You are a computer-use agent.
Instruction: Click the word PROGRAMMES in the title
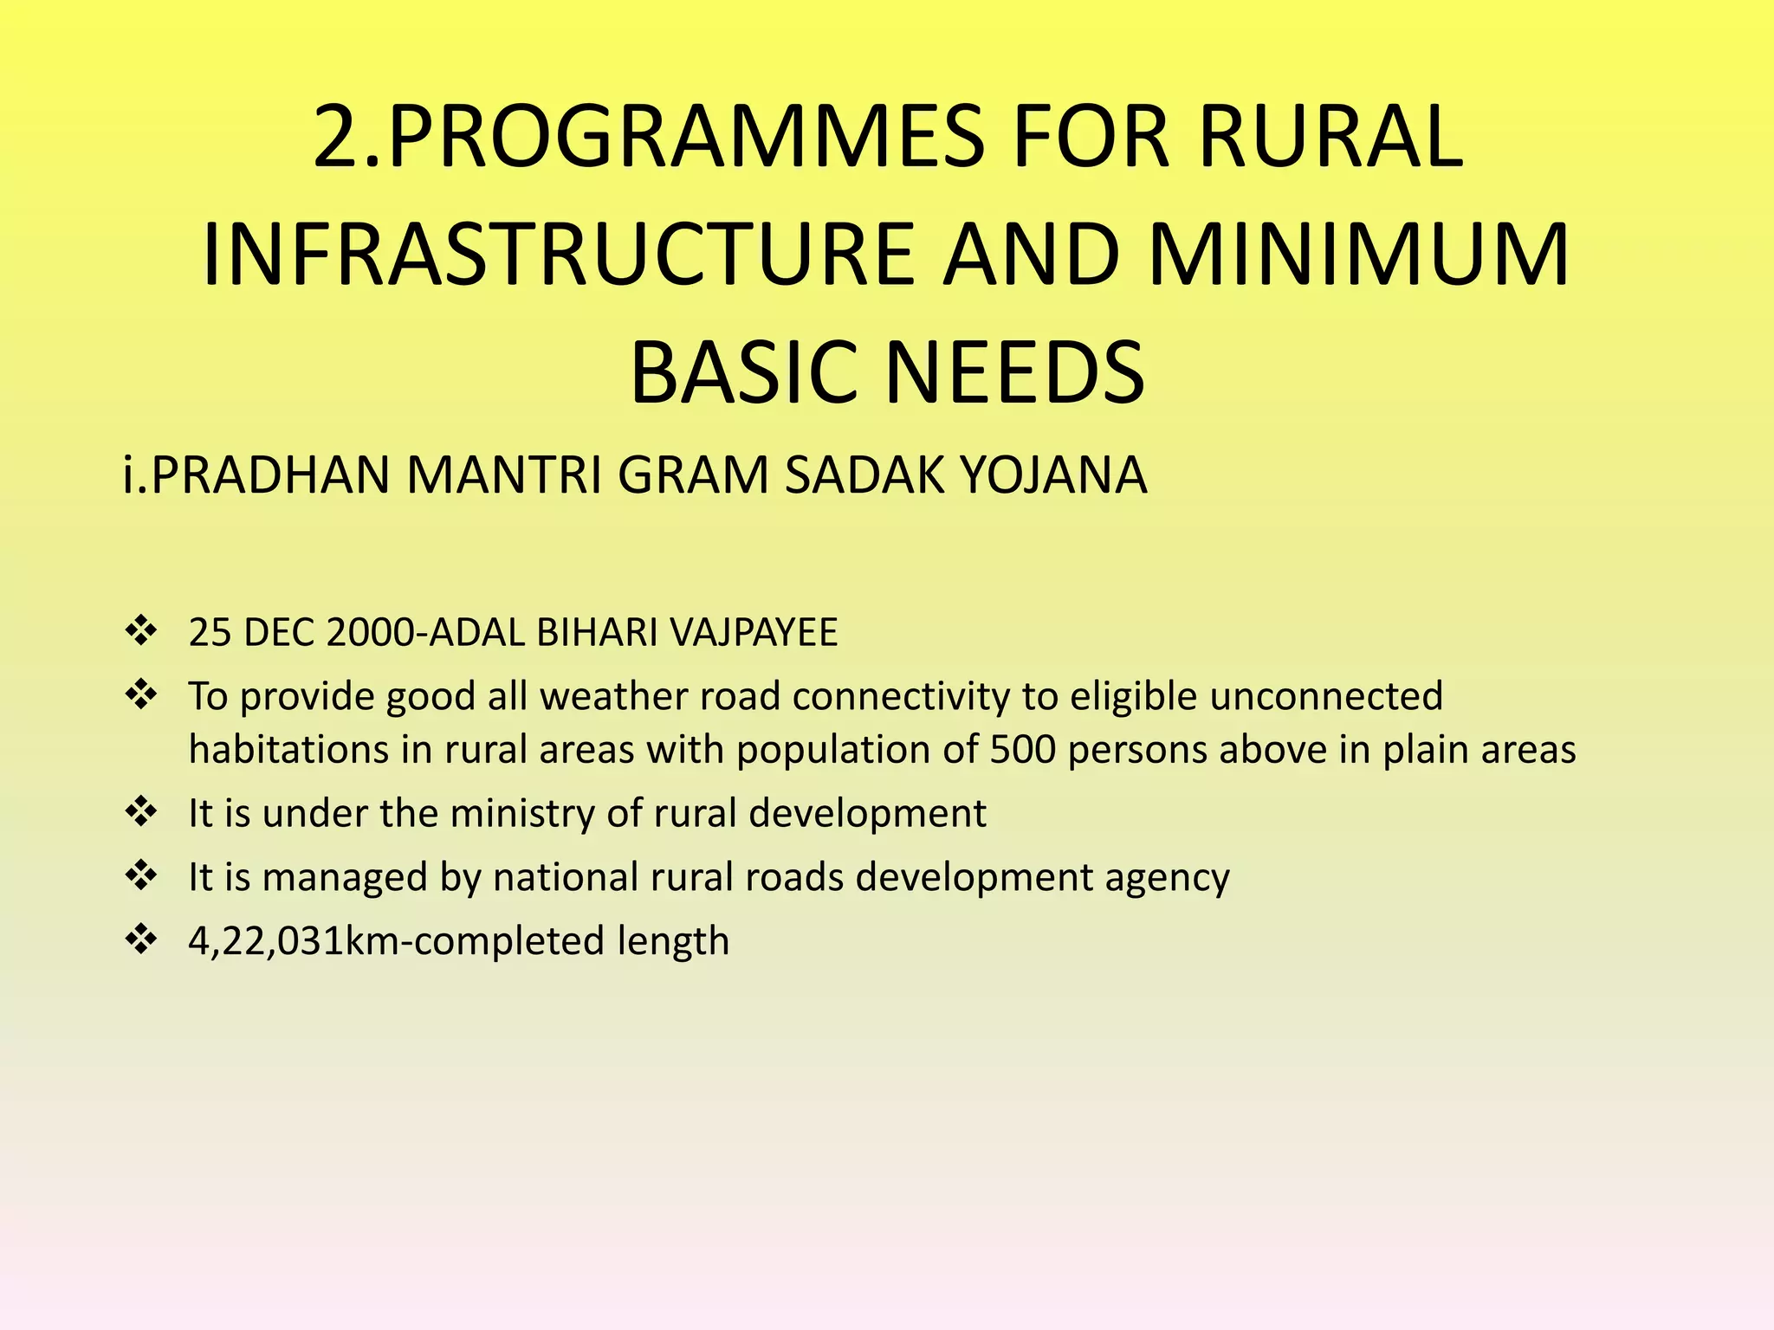pos(685,137)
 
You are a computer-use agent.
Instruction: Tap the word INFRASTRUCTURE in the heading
pos(558,255)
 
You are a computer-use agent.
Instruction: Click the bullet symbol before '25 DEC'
pos(140,630)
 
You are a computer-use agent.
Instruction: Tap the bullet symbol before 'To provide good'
pos(140,694)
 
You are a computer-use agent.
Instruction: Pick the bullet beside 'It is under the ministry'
pos(140,811)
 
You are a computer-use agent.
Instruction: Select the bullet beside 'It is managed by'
pos(140,875)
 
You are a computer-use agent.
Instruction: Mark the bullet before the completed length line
pos(140,939)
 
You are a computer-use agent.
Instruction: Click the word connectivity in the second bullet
pos(901,697)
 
